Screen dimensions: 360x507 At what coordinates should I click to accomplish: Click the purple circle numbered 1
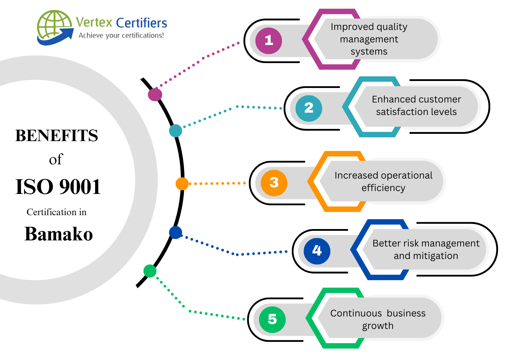click(269, 41)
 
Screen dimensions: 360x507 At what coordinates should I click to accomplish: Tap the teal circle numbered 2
click(309, 108)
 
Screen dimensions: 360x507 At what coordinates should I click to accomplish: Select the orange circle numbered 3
click(274, 183)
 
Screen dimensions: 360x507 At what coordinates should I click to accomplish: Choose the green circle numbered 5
click(272, 320)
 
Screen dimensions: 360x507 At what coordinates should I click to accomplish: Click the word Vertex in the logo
click(94, 22)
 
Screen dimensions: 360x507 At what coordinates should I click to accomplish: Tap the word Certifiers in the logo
click(142, 23)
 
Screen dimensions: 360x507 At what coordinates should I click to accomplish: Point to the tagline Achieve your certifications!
click(121, 35)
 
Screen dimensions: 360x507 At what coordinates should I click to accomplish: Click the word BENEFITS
click(57, 136)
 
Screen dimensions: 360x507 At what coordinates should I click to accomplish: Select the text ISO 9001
click(58, 187)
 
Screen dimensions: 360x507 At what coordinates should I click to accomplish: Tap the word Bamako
click(59, 234)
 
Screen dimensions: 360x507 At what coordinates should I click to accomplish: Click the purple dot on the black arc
click(155, 94)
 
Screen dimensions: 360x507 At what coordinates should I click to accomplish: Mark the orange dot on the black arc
click(182, 184)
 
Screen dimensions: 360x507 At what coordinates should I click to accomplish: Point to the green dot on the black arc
click(150, 271)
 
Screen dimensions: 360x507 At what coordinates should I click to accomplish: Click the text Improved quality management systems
click(369, 39)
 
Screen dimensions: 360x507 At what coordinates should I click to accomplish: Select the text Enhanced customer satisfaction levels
click(416, 105)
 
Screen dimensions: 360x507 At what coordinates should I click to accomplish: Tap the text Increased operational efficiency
click(383, 181)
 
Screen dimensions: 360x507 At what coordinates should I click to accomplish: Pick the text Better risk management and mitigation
click(426, 249)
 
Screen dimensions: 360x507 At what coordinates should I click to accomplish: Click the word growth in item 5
click(378, 326)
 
